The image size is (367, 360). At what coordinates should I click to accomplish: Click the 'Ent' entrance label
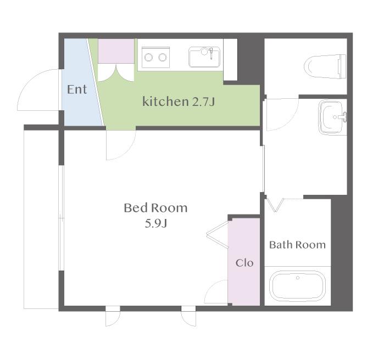click(77, 89)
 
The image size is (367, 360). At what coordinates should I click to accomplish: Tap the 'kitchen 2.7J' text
click(179, 102)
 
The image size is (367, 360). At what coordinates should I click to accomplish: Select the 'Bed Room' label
click(155, 208)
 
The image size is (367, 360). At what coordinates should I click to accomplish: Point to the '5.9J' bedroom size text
click(155, 224)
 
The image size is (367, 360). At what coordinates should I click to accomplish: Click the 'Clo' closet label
click(244, 263)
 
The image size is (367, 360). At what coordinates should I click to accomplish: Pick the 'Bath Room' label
click(297, 245)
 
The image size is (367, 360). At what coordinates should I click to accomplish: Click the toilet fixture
click(325, 66)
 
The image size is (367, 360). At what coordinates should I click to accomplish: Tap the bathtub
click(297, 286)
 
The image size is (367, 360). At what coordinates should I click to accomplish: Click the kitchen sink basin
click(204, 57)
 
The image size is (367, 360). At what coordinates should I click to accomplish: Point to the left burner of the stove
click(149, 57)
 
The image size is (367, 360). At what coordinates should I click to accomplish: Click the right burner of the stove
click(163, 57)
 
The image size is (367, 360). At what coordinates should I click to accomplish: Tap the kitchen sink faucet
click(210, 53)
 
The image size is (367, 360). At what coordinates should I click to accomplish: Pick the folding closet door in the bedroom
click(217, 234)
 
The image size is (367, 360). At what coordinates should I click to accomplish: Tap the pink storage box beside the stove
click(116, 51)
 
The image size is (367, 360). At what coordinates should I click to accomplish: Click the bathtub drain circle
click(298, 278)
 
